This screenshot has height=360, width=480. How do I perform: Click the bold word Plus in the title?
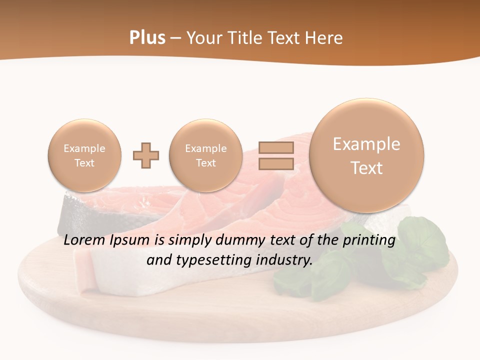click(x=147, y=38)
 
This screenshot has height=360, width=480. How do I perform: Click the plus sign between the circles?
click(x=146, y=155)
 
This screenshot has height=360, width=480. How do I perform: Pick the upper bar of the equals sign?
click(x=276, y=147)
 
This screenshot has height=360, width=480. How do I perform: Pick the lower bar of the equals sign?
click(x=276, y=163)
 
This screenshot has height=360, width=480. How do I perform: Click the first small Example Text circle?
click(x=84, y=155)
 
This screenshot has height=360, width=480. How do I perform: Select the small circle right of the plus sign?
click(x=206, y=155)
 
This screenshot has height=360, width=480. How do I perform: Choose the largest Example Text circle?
click(x=366, y=155)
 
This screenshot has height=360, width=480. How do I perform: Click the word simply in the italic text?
click(x=187, y=240)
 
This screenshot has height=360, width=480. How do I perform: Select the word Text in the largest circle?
click(x=366, y=168)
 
